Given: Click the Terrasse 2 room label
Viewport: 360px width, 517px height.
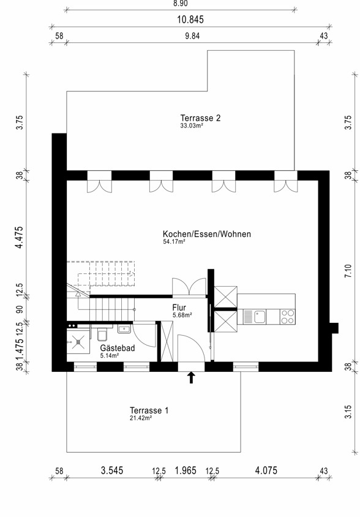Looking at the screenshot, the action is [x=200, y=118].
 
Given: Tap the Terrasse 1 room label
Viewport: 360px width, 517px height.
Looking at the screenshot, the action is [x=149, y=410].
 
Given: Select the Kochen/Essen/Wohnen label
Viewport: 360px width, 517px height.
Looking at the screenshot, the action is [x=207, y=234].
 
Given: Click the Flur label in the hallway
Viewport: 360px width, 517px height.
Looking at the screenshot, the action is [x=179, y=308].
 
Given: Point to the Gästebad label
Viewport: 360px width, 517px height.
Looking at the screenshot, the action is [x=118, y=348].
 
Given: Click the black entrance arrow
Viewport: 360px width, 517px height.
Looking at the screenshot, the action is [x=191, y=377].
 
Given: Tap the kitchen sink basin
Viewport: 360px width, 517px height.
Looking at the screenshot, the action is [x=260, y=317].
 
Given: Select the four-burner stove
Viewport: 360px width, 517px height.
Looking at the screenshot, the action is [x=287, y=317].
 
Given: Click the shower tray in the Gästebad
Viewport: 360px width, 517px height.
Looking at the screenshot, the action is [x=78, y=342].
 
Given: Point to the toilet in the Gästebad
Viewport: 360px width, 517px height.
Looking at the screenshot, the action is [x=102, y=334].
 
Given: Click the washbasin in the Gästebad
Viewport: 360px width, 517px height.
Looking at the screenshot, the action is [x=124, y=329].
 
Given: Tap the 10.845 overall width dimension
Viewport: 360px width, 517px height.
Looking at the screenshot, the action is [x=190, y=20].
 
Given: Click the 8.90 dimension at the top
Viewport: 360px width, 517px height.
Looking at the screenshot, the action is [x=181, y=3].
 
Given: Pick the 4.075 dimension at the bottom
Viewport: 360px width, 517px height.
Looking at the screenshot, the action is [x=266, y=470].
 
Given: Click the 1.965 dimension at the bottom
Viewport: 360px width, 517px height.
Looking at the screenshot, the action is [x=186, y=470].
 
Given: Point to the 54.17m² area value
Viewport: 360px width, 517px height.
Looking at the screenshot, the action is [x=174, y=241].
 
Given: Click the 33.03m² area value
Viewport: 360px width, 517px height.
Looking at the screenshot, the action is [x=192, y=126].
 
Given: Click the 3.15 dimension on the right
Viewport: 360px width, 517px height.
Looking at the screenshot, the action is [x=348, y=412].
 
